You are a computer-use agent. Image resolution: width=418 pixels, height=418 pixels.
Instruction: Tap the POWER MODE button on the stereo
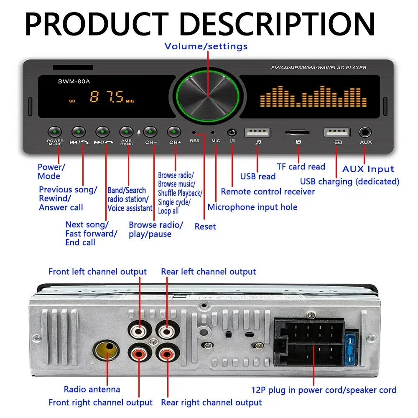click(55, 132)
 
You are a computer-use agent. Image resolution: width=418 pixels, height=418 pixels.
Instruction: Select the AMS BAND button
click(127, 132)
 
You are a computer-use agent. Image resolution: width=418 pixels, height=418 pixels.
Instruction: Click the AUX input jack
click(365, 133)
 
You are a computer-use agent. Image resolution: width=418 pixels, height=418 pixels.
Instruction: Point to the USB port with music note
click(258, 133)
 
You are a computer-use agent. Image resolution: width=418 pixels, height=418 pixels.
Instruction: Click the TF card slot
click(298, 133)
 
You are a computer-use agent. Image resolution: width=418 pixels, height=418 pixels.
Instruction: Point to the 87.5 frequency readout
click(107, 98)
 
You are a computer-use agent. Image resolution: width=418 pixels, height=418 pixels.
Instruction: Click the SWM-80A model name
click(74, 82)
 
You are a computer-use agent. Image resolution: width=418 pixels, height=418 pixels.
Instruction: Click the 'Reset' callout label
click(205, 227)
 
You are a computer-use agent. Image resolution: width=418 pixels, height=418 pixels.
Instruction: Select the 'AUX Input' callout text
click(368, 169)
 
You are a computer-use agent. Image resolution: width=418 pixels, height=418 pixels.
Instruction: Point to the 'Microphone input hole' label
click(252, 207)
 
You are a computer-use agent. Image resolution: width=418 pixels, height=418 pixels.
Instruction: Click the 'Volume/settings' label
click(206, 46)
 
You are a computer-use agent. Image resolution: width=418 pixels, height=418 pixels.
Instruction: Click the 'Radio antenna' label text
click(92, 390)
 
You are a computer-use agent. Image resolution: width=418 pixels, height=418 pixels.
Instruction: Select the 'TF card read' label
click(301, 167)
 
